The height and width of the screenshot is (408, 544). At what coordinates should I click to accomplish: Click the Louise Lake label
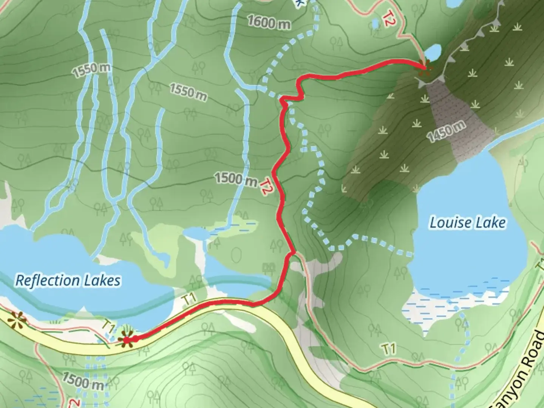point(467,223)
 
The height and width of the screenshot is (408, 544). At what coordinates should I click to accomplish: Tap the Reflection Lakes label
point(68,280)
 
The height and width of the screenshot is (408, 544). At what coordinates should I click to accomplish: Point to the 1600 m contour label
point(269,23)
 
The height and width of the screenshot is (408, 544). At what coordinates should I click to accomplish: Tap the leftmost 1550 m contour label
point(92,70)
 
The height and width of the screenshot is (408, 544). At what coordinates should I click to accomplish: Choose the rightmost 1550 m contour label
point(188,92)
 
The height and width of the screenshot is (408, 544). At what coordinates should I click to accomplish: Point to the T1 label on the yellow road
point(190,300)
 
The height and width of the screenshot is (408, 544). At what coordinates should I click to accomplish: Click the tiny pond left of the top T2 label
point(375,24)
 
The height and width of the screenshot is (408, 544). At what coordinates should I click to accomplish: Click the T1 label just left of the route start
point(109,329)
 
